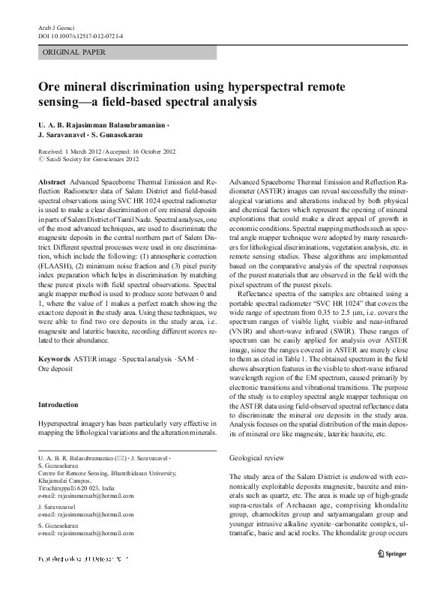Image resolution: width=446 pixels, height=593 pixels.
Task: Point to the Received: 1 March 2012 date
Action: [x=71, y=151]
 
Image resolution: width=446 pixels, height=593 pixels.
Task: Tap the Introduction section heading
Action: [x=58, y=405]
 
